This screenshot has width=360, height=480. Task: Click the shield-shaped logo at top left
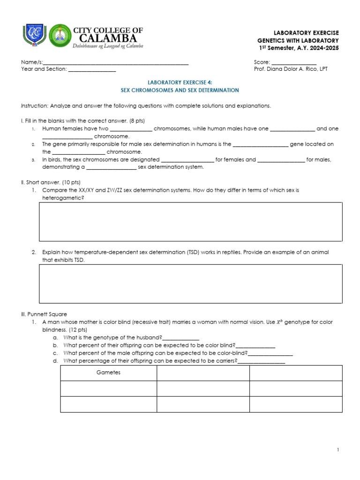[34, 36]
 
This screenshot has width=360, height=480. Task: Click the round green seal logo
[60, 36]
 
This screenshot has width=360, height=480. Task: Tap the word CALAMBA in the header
[107, 38]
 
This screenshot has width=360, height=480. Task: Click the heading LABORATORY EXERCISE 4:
[180, 82]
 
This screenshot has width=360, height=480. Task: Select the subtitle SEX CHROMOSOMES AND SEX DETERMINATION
[180, 90]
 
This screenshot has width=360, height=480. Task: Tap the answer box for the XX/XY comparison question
[190, 222]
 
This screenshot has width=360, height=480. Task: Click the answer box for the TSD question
[190, 284]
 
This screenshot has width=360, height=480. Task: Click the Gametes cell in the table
[108, 373]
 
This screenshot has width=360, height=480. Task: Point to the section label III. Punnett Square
[46, 314]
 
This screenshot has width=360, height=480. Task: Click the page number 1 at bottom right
[337, 450]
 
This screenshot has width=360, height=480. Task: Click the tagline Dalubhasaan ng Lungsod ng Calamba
[107, 46]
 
